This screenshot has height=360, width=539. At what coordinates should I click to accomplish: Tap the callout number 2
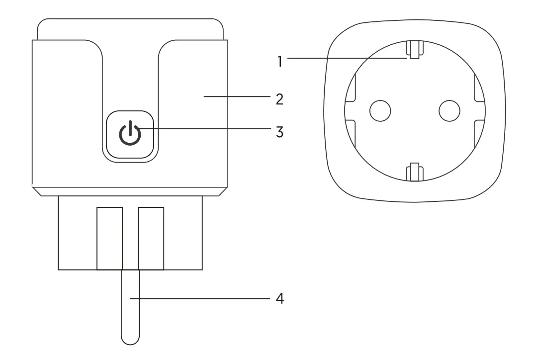[x=279, y=98]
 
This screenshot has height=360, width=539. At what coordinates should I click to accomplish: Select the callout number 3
[x=279, y=132]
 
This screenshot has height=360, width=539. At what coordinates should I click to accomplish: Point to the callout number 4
[x=279, y=299]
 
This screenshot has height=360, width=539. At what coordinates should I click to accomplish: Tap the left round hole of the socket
[x=380, y=110]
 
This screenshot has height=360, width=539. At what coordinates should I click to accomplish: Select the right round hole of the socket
[x=450, y=110]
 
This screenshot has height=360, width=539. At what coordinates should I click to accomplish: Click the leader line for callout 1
[x=348, y=58]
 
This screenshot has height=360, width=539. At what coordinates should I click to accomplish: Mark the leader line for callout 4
[x=199, y=299]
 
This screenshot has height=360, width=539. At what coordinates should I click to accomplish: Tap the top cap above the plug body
[x=130, y=29]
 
